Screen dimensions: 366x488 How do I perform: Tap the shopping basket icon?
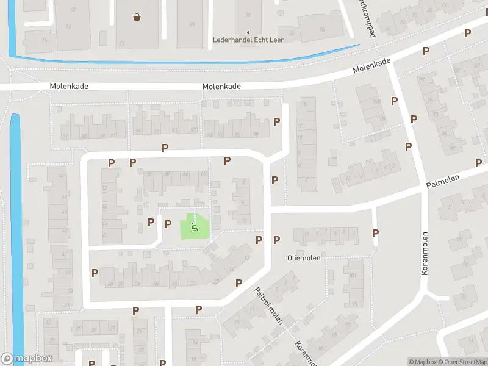pos(137,17)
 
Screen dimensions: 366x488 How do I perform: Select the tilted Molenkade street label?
pos(371,66)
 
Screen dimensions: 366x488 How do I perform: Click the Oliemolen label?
pos(303,258)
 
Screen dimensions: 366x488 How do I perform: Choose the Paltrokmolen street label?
pos(268,306)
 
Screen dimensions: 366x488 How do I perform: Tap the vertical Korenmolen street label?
pos(425,253)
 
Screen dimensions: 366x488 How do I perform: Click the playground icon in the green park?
pos(195,228)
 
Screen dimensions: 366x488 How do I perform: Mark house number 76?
pos(44,40)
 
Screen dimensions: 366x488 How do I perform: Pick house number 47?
pos(64,212)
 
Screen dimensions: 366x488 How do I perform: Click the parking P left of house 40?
pos(95,273)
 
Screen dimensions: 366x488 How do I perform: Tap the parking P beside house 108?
pos(395,101)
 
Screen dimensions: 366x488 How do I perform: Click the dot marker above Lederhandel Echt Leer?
pos(248,32)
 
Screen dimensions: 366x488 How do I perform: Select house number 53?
pos(61,176)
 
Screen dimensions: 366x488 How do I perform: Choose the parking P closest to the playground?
pos(168,224)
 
